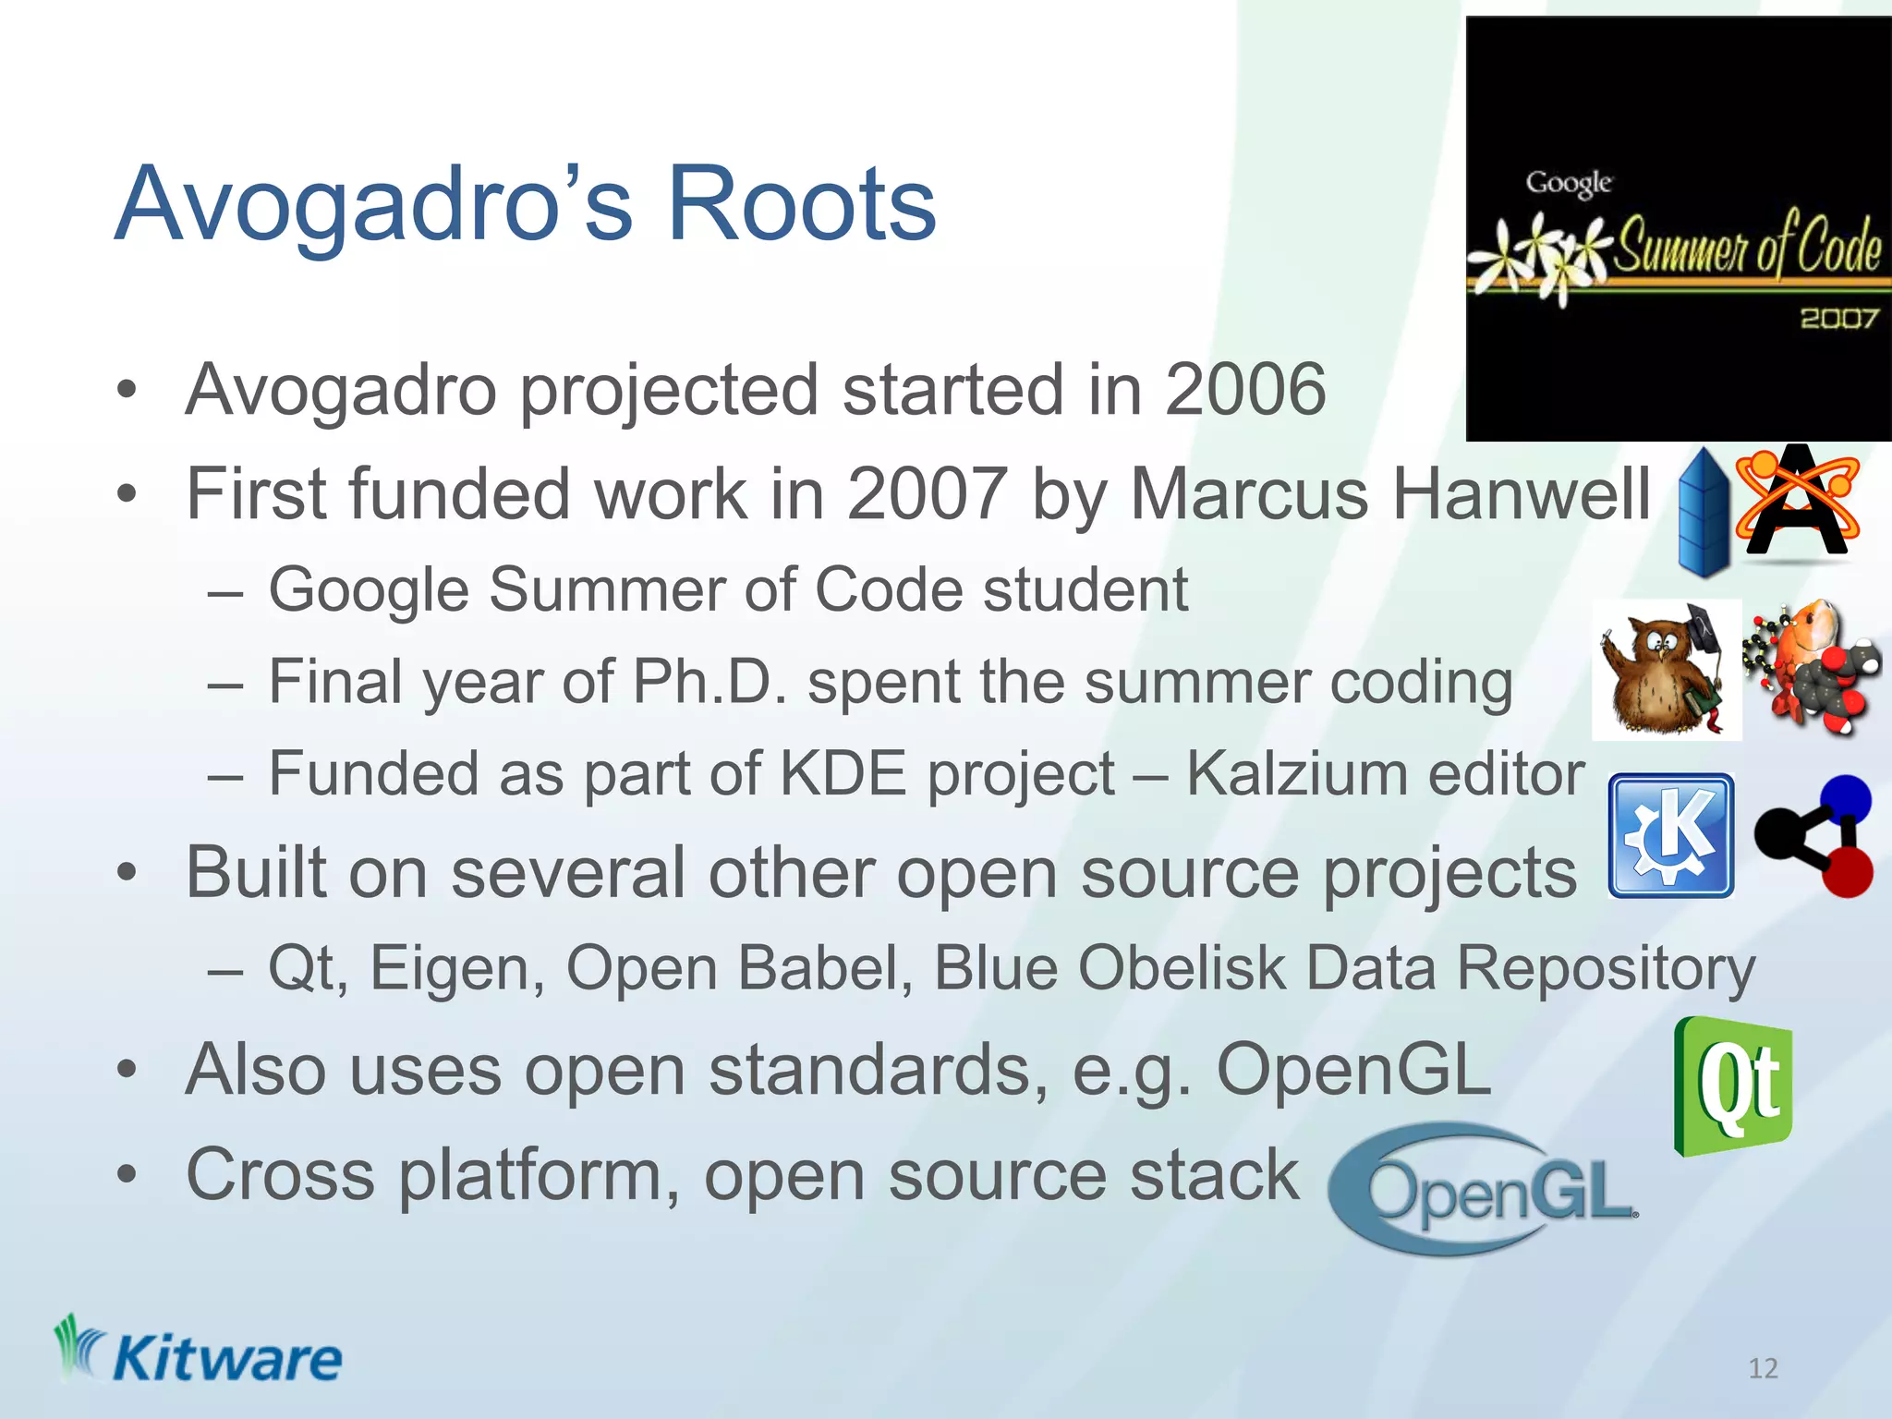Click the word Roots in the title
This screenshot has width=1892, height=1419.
click(801, 203)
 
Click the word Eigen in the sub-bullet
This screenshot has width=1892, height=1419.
click(456, 968)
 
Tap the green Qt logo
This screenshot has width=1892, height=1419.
click(1733, 1086)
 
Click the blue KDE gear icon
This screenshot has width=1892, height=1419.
click(1670, 836)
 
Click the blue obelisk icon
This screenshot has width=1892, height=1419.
click(1703, 512)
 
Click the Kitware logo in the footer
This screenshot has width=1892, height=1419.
click(198, 1352)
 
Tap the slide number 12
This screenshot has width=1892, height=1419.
click(1763, 1368)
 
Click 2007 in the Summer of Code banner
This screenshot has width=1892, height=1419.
click(1838, 319)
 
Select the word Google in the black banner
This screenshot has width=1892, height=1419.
click(1569, 182)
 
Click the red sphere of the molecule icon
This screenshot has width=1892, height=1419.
click(1847, 872)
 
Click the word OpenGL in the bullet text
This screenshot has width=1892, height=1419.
click(1353, 1070)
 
